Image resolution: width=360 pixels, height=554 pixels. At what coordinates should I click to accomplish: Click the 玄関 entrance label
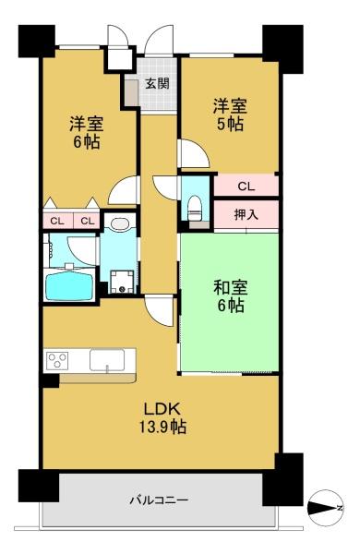point(158,83)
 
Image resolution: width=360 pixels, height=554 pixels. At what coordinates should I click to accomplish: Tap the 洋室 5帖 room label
point(230,114)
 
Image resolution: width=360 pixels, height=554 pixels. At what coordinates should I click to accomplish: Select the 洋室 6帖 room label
point(86,132)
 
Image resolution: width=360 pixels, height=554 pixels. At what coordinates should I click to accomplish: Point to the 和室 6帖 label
point(231,296)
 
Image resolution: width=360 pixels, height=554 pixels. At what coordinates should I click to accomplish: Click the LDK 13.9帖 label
point(162,418)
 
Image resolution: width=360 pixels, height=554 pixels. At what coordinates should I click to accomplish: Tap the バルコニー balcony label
point(159,500)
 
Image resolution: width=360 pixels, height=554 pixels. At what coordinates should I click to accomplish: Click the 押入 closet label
point(246,214)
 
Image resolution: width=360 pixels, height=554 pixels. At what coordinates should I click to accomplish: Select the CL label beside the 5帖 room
point(246,187)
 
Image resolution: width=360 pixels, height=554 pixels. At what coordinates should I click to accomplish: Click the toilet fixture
point(194,208)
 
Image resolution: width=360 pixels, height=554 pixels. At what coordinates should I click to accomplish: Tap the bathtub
point(70,285)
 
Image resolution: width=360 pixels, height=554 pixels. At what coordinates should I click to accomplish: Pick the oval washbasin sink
point(120,223)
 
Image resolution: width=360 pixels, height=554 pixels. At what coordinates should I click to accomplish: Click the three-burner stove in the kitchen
point(57,361)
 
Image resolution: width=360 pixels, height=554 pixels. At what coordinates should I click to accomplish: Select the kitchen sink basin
point(107,360)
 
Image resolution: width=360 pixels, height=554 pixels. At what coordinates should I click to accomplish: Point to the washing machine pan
point(122,282)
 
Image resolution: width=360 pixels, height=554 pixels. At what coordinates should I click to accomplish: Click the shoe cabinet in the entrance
point(132,92)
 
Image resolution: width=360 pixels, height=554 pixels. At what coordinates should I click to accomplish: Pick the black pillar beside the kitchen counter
point(51,380)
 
